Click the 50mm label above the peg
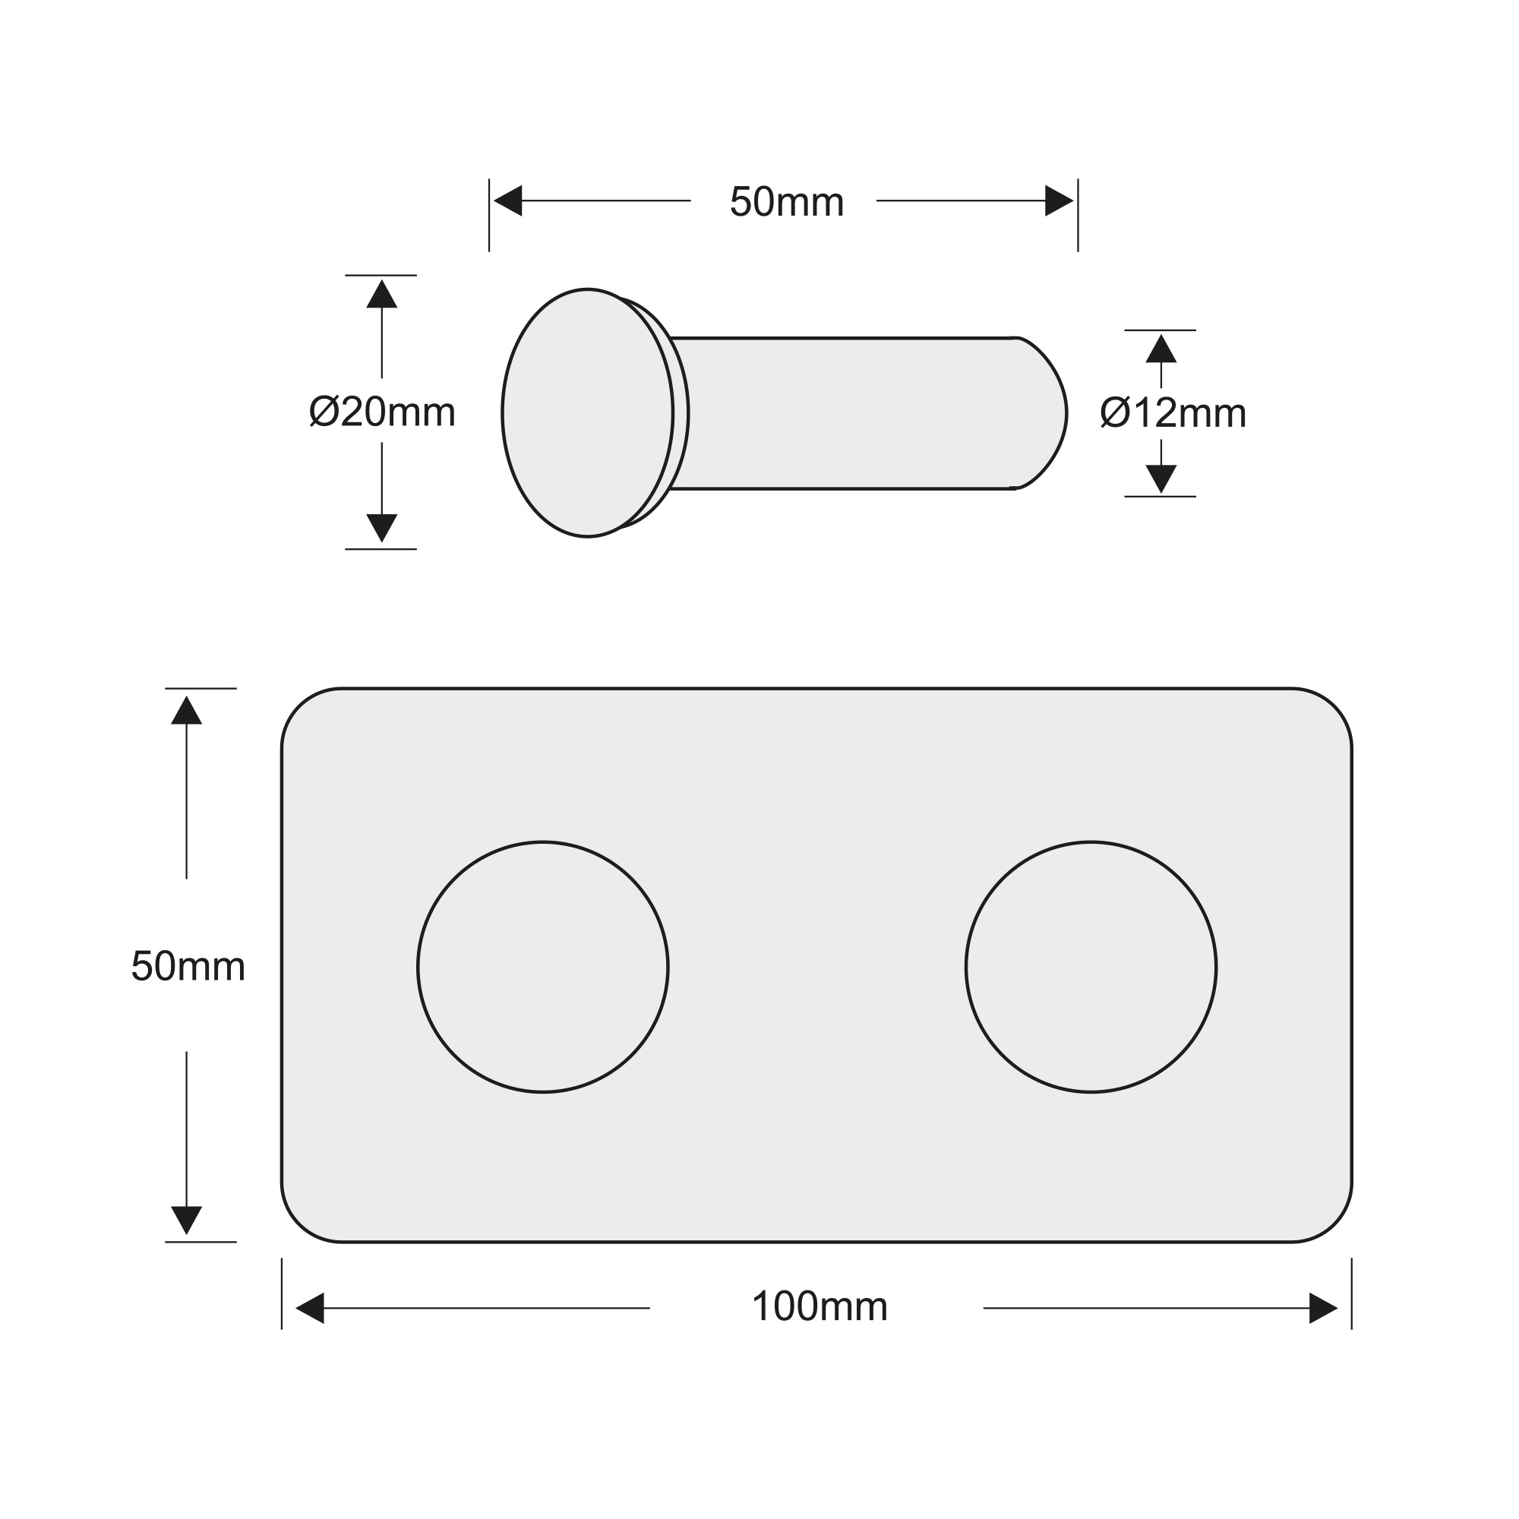tap(786, 202)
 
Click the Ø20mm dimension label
tap(382, 412)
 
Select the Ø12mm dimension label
tap(1173, 412)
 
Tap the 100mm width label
tap(820, 1306)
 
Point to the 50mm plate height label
tap(188, 966)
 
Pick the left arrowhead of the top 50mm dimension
tap(508, 201)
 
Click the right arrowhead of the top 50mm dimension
tap(1059, 201)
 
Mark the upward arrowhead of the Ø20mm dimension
tap(381, 294)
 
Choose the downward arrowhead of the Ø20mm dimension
tap(381, 529)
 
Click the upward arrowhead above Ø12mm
tap(1161, 349)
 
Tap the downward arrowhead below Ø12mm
tap(1161, 478)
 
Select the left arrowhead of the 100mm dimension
tap(310, 1309)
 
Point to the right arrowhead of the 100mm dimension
tap(1323, 1309)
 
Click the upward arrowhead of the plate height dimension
tap(186, 710)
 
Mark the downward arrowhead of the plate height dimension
tap(186, 1221)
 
